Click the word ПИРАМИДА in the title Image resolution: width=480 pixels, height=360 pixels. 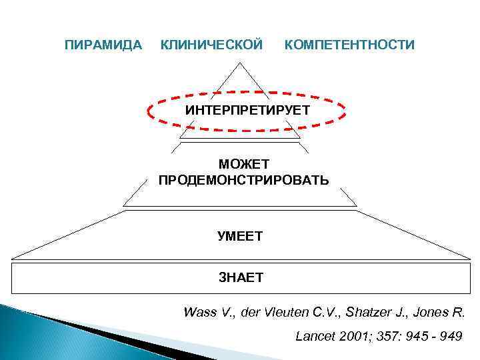coord(103,45)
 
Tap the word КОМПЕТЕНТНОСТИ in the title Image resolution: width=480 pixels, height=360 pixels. coord(349,45)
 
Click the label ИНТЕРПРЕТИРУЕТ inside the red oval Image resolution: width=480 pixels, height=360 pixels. coord(247,109)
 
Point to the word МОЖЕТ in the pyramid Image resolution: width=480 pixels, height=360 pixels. coord(243,164)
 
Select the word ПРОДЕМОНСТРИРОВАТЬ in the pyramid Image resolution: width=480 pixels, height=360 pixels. coord(243,180)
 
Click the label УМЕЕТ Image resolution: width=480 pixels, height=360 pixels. coord(241,235)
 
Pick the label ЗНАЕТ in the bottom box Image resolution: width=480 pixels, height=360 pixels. coord(241,277)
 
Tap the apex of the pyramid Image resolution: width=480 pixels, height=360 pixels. coord(241,63)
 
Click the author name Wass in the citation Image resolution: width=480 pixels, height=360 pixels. coord(198,312)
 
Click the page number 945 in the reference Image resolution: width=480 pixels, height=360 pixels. coord(419,336)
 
